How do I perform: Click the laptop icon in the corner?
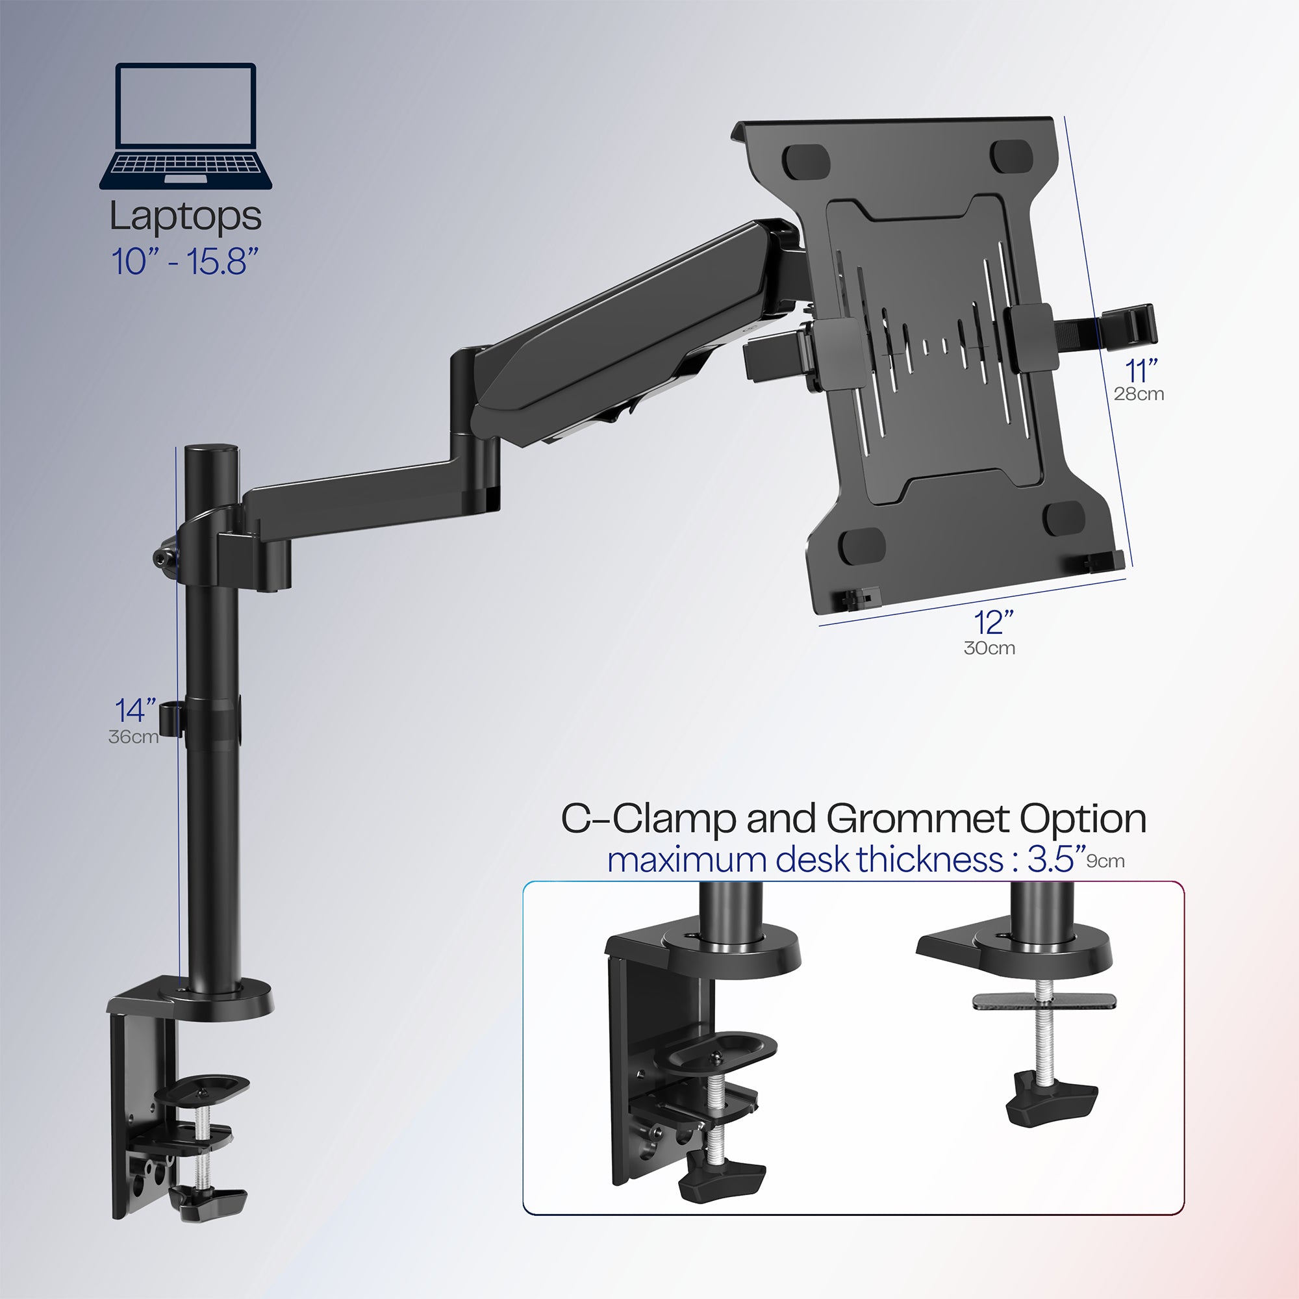(186, 127)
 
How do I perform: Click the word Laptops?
(186, 217)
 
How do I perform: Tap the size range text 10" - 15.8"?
(185, 262)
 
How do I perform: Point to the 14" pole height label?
(135, 710)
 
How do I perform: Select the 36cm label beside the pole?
(133, 737)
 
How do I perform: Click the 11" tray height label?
(1141, 370)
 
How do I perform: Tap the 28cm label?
(1139, 394)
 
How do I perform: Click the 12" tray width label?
(994, 623)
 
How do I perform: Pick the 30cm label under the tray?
(989, 648)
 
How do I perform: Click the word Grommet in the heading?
(918, 819)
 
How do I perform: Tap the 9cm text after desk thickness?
(1105, 861)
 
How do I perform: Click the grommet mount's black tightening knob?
(1051, 1108)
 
